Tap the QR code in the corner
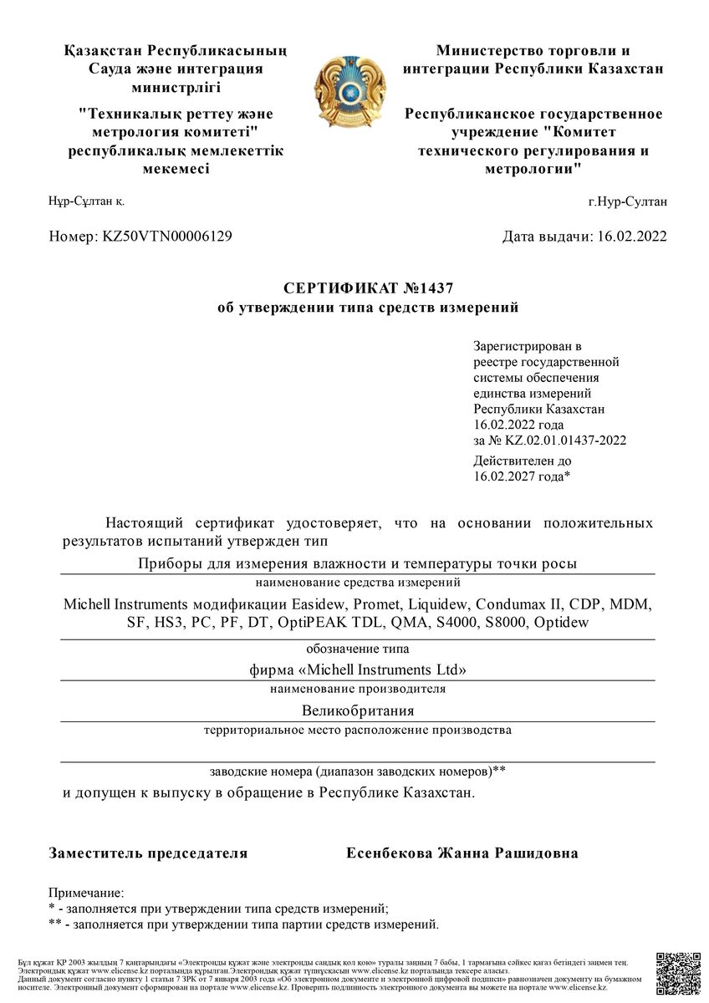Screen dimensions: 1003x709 point(677,973)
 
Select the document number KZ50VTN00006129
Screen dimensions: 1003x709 point(166,237)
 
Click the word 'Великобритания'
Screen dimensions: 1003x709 point(358,710)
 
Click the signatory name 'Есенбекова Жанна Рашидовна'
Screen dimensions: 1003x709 point(462,853)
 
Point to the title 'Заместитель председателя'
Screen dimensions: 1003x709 point(148,853)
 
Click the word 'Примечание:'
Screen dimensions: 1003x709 point(86,894)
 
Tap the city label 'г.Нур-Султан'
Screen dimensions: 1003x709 point(627,201)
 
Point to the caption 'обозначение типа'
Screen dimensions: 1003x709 point(358,648)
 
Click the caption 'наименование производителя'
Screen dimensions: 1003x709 point(358,690)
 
